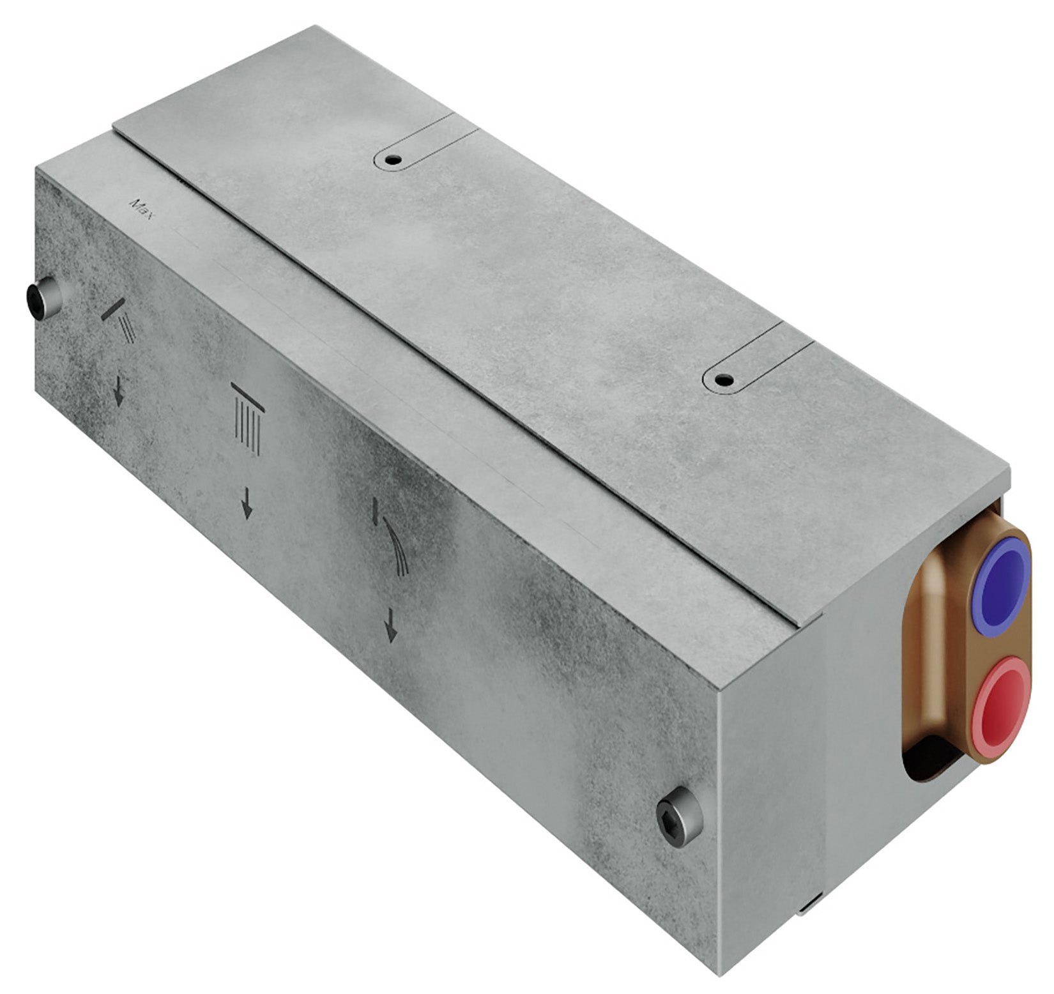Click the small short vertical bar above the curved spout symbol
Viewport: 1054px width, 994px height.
click(x=376, y=509)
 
